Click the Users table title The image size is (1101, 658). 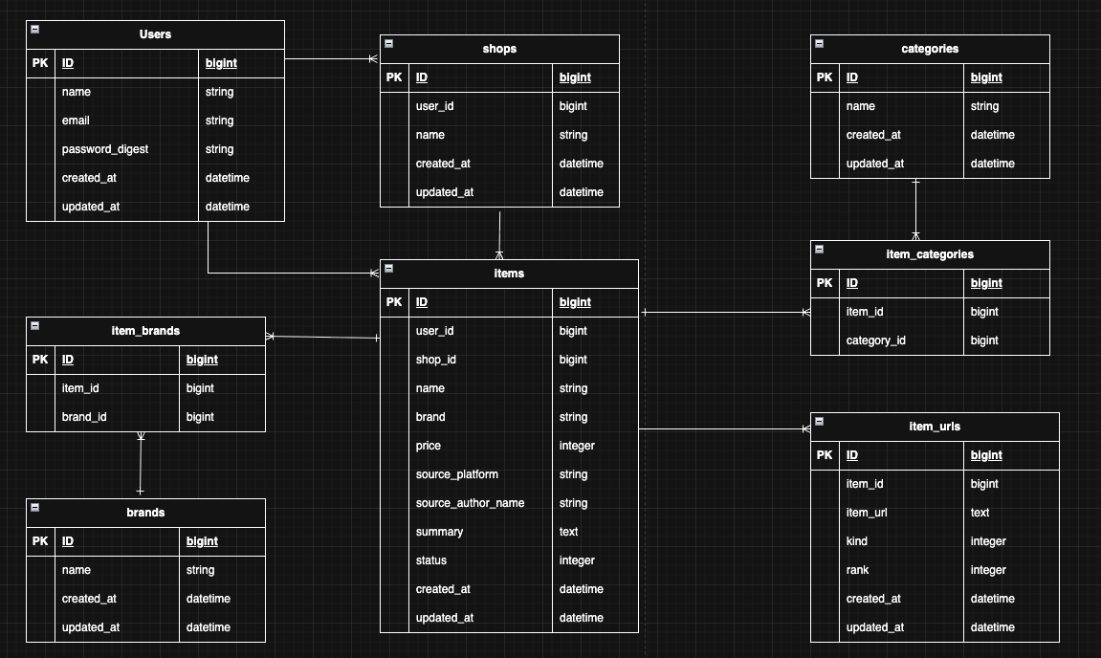point(155,34)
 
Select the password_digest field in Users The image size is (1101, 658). point(105,149)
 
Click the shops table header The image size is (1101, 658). point(499,49)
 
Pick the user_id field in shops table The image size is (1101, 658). point(434,106)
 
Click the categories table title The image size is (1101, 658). point(930,49)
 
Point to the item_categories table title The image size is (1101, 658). point(930,254)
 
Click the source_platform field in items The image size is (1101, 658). point(457,474)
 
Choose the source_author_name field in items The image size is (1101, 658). point(470,503)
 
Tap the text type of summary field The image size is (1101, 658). point(568,532)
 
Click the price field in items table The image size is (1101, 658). point(429,446)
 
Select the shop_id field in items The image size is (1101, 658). point(436,360)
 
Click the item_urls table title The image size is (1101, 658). point(935,427)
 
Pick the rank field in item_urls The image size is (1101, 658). point(858,570)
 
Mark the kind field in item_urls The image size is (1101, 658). point(857,541)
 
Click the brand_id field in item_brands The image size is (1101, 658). point(84,417)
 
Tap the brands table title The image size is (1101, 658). point(145,513)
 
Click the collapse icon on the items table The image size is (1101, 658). point(389,268)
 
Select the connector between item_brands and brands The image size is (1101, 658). point(141,465)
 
